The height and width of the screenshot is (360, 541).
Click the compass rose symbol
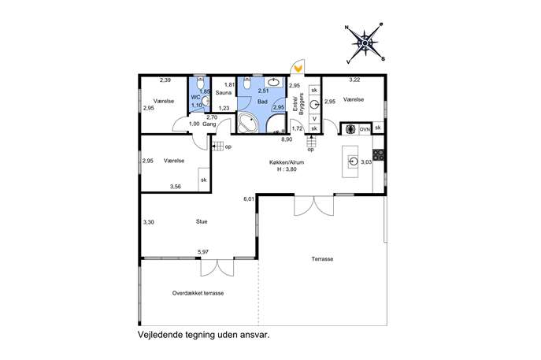coord(365,43)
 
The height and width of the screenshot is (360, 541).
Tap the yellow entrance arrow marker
coord(298,69)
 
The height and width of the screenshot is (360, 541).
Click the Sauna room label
coord(224,92)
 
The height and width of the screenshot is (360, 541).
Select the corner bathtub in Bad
coord(248,123)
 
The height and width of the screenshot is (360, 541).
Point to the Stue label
coord(202,221)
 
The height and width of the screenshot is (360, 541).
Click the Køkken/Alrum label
coord(287,162)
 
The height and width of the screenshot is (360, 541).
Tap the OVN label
coord(365,129)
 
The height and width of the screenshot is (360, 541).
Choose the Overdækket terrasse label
coord(198,293)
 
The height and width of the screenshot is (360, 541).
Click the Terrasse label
coord(322,259)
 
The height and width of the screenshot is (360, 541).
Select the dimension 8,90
coord(287,139)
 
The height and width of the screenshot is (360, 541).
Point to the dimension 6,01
coord(249,199)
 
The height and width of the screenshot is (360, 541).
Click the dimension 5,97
coord(203,252)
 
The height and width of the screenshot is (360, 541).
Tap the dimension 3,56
coord(176,187)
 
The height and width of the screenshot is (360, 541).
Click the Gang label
coord(209,124)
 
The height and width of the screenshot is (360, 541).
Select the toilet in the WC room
coord(201,84)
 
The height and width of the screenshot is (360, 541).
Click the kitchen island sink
coord(353,161)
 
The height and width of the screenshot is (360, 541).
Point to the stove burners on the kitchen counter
coord(378,154)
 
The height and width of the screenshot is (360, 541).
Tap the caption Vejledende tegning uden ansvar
coord(204,335)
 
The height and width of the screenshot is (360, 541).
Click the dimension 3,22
coord(354,80)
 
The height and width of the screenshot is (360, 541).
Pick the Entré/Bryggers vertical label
coord(298,104)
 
